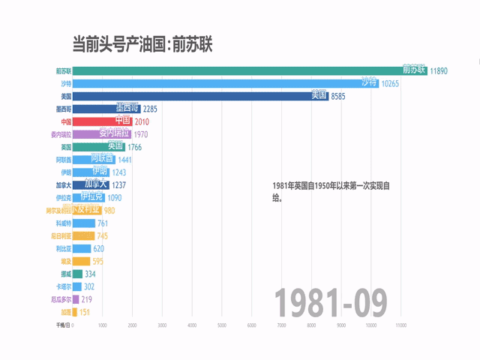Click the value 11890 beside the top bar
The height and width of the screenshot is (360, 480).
(439, 71)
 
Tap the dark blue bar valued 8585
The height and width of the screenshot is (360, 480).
(195, 97)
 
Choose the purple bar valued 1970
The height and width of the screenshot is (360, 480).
(102, 134)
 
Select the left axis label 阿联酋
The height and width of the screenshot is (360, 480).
(63, 160)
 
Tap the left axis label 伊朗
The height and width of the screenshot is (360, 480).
(66, 172)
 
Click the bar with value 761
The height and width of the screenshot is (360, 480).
(84, 223)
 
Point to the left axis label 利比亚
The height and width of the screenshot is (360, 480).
(64, 248)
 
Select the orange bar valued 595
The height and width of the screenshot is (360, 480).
(81, 261)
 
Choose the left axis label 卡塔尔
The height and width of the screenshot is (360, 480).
(63, 286)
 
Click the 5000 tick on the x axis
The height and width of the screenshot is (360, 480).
(222, 325)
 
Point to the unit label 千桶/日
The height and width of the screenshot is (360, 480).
(63, 325)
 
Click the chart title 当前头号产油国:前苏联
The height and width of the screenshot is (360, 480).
(142, 44)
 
